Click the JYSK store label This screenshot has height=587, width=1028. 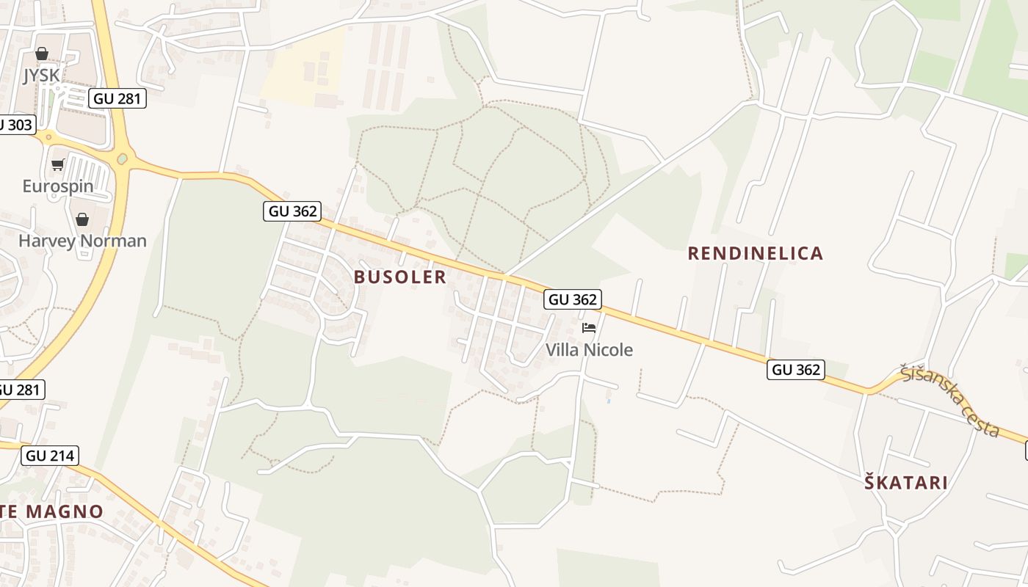(41, 75)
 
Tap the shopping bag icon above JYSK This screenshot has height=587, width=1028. (42, 54)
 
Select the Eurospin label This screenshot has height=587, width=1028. (58, 186)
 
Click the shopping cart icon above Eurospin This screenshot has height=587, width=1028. (58, 164)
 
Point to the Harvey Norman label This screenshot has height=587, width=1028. (82, 241)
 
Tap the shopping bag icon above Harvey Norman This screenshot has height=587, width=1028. (82, 219)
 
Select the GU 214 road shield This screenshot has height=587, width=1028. (50, 456)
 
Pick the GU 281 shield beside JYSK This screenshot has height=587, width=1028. (117, 98)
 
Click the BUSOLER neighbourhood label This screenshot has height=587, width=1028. (400, 277)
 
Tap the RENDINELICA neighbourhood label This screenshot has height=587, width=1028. (756, 253)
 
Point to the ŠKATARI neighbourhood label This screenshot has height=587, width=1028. (906, 483)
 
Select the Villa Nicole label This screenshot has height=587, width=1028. (589, 350)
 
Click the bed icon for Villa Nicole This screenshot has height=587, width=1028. (589, 328)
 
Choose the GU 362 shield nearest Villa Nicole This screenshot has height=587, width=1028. (573, 299)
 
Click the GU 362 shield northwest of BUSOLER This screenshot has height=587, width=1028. (292, 211)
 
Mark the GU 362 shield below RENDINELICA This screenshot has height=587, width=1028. (797, 369)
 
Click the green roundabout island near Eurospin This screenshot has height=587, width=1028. (122, 158)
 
